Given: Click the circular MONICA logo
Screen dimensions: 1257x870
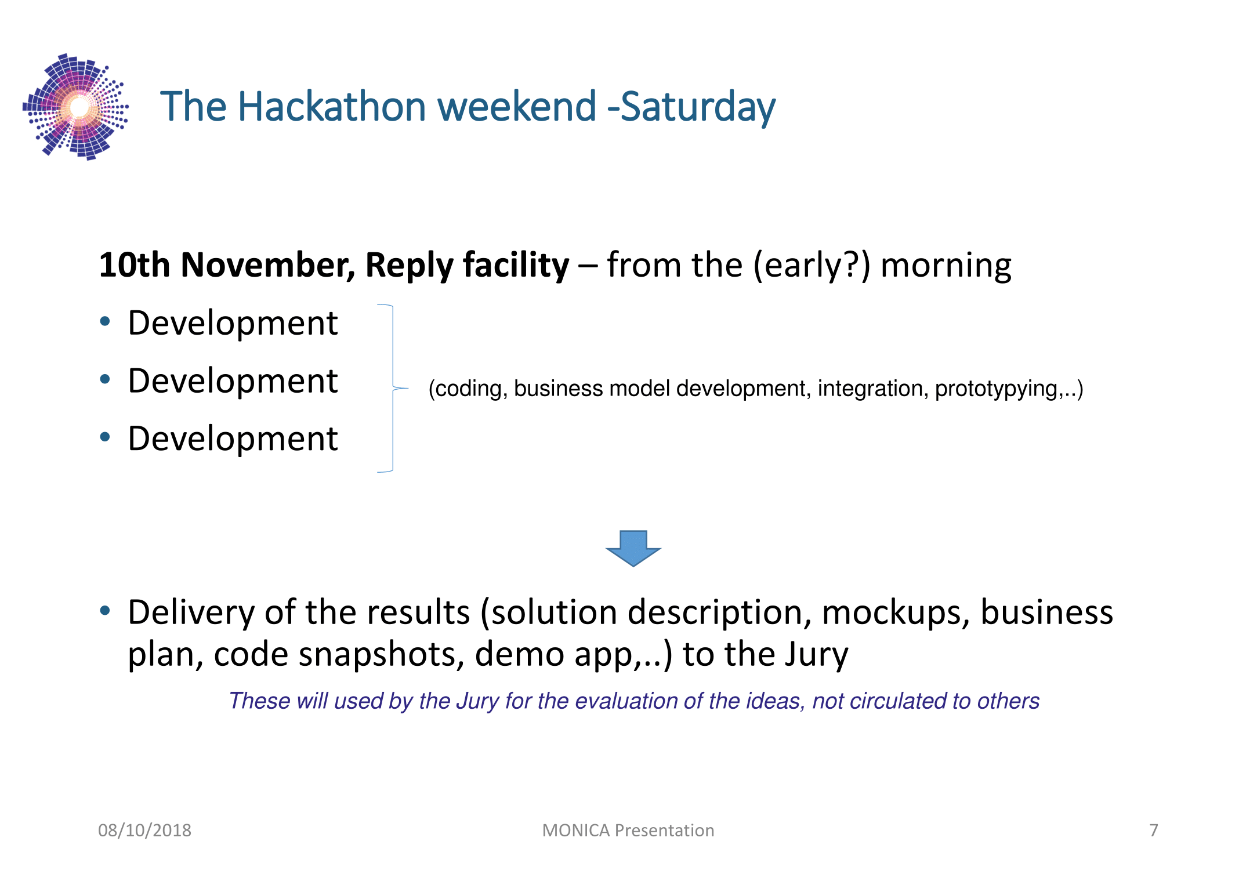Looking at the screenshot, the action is (75, 107).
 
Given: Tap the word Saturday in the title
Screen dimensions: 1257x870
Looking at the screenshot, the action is (698, 108).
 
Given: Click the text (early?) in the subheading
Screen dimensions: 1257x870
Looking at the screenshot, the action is (812, 266).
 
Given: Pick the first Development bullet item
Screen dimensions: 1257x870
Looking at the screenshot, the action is (233, 322).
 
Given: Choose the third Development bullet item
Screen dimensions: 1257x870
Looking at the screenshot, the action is (233, 438).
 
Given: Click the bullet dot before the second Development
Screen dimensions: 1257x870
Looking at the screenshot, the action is (105, 379).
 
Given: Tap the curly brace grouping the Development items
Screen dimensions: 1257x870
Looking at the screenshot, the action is (393, 388).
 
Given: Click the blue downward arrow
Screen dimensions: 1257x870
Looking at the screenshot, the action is (633, 548).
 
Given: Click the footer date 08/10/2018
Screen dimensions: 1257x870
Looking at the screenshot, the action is (144, 831).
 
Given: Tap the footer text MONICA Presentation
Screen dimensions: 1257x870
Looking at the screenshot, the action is (628, 831).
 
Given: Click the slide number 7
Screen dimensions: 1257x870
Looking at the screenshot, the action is (1154, 831).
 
